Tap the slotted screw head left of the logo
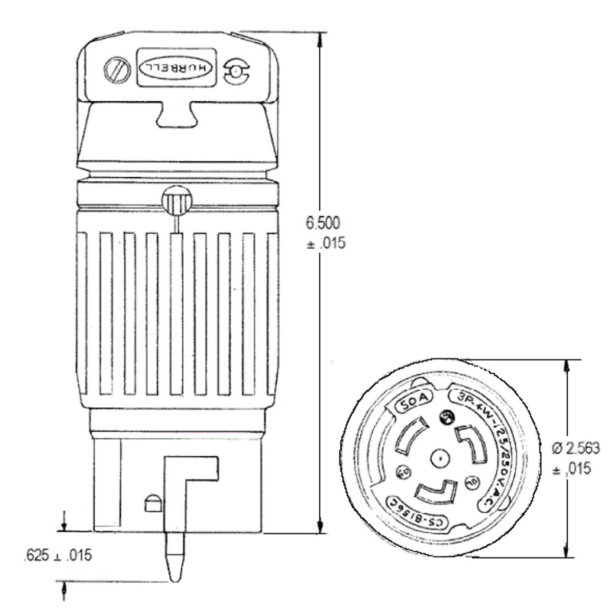116,71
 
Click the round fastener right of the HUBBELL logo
235,73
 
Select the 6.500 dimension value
323,223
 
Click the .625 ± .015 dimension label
58,555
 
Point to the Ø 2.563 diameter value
576,448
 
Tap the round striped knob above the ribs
176,201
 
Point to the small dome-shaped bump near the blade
153,503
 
